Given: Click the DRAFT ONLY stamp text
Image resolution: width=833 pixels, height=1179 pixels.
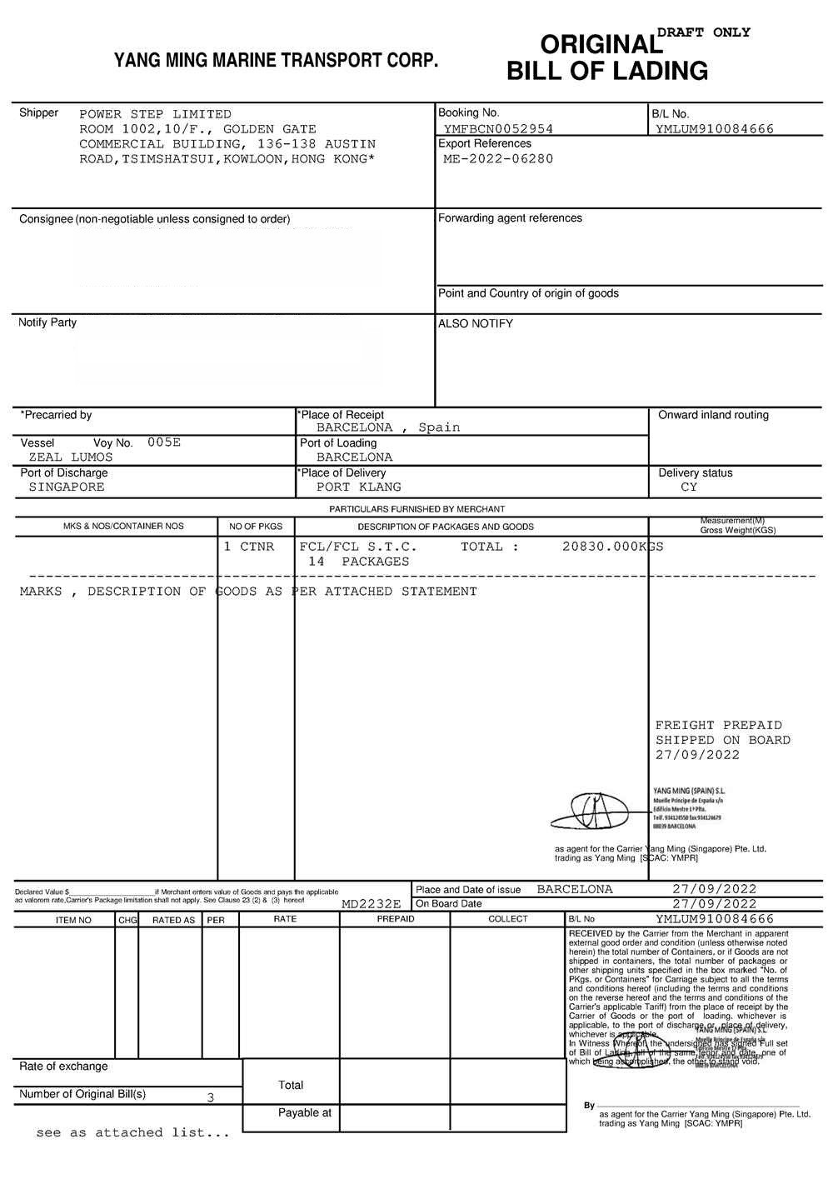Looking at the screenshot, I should (704, 32).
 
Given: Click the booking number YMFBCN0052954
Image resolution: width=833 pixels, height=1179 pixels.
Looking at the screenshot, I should (498, 129).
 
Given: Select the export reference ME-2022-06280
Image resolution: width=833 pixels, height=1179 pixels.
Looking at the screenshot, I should (498, 159).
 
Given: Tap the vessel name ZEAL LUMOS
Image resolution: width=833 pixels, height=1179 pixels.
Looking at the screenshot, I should (71, 457).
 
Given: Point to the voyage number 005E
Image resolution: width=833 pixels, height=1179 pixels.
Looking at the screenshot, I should (164, 442).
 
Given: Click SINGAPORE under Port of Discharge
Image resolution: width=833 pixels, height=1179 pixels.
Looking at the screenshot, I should (67, 487).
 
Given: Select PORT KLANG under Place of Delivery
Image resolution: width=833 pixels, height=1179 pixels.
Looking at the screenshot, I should (358, 487).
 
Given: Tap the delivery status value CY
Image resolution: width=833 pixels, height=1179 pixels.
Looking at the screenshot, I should (689, 487).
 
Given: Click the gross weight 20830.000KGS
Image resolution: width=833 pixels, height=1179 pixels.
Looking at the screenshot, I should (612, 547).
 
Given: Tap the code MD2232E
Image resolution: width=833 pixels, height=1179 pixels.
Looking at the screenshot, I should (372, 904).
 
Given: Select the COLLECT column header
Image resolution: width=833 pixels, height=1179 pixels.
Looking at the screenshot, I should (508, 919).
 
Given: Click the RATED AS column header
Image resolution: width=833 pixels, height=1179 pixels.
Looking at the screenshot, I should (173, 920).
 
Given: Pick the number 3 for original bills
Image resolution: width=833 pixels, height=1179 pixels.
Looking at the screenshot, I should (210, 1098).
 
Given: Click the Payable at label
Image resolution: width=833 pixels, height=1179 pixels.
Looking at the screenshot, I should (304, 1113).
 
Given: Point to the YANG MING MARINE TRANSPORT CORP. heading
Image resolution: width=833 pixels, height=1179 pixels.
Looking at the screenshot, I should (276, 61).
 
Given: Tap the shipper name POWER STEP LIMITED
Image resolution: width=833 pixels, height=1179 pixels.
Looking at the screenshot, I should (155, 114).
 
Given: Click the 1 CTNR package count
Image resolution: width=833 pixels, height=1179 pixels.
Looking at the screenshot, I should (248, 547).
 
